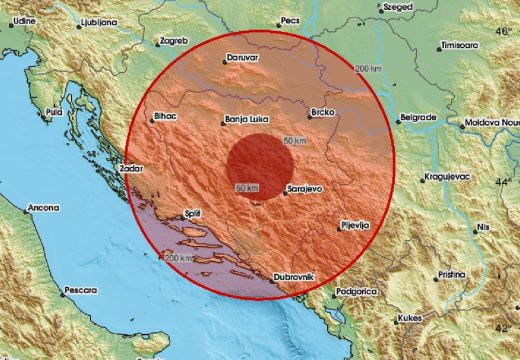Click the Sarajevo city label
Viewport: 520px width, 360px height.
306,188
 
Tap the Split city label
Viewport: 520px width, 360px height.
199,213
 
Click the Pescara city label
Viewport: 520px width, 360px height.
80,290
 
